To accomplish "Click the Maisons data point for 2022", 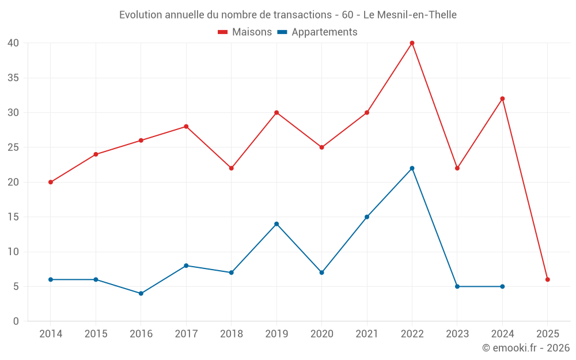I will tap(412, 43).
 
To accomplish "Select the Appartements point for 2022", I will tap(412, 168).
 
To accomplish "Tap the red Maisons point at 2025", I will tap(548, 279).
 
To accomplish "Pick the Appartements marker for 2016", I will tap(141, 293).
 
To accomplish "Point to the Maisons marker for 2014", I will tap(51, 182).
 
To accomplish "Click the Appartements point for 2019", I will tap(276, 223).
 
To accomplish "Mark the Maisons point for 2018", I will tap(231, 168).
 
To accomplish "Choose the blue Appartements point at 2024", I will tap(502, 286).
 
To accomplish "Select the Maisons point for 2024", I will tap(502, 98).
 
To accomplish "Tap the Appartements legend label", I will tap(324, 32).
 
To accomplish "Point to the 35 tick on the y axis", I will tap(13, 78).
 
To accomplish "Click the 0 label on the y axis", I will tap(16, 321).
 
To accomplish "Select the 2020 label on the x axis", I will tap(321, 334).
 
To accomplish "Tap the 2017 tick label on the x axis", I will tap(186, 334).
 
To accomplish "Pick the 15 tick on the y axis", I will tap(13, 217).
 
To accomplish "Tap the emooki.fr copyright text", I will tap(526, 348).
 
